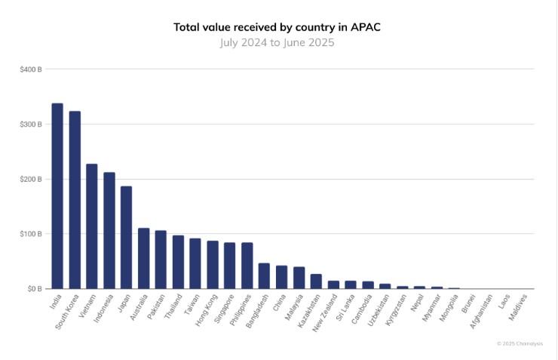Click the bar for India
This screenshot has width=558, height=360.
tap(57, 196)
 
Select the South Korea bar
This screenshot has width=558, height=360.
tap(75, 200)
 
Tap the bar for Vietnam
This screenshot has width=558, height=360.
tap(92, 226)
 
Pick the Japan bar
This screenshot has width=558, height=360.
tap(127, 238)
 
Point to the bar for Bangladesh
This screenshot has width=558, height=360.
tap(265, 276)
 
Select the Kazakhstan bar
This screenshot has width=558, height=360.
tap(316, 282)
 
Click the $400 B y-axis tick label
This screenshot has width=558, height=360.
tap(31, 69)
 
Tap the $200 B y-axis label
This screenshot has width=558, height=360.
tap(31, 180)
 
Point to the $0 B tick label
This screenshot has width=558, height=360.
tap(34, 289)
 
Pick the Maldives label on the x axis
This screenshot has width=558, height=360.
tap(520, 306)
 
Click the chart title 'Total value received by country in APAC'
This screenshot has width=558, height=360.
tap(277, 27)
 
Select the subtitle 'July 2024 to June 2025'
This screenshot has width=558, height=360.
tap(277, 42)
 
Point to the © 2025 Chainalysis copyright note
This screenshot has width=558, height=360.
tap(520, 343)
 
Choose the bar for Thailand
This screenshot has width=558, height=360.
tap(178, 263)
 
